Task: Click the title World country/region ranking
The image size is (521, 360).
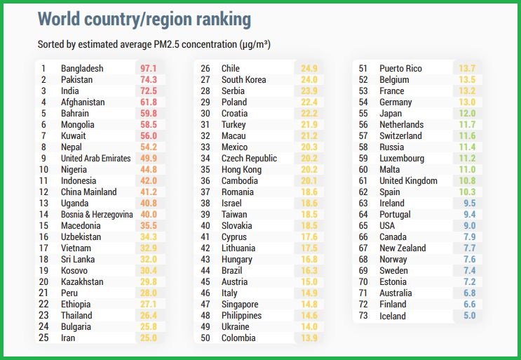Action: pos(144,19)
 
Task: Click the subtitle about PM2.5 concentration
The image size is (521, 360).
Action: pos(154,44)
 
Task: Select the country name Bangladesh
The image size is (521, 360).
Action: pos(82,69)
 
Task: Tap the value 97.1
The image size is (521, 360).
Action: pos(148,69)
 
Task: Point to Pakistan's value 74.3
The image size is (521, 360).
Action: pos(148,80)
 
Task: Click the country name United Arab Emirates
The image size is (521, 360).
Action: pos(96,159)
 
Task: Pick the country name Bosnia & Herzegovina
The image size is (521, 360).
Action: pos(97,215)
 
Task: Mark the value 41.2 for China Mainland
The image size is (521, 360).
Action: pos(148,192)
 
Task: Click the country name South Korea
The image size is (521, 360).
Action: pos(243,80)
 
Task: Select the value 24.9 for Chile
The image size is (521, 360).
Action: pos(309,69)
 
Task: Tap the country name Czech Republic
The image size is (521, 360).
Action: pos(249,159)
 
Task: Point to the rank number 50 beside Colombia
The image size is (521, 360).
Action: pos(206,338)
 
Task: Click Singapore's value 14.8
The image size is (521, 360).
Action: pos(309,305)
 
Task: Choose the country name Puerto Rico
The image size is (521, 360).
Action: pos(400,69)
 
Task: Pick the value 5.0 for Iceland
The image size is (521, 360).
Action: pos(469,316)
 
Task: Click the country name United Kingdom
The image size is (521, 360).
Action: pos(408,181)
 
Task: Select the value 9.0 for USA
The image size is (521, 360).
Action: pos(469,226)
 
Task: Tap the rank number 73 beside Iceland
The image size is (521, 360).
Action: pos(363,316)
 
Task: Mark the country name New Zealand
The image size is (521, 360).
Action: pos(402,248)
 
